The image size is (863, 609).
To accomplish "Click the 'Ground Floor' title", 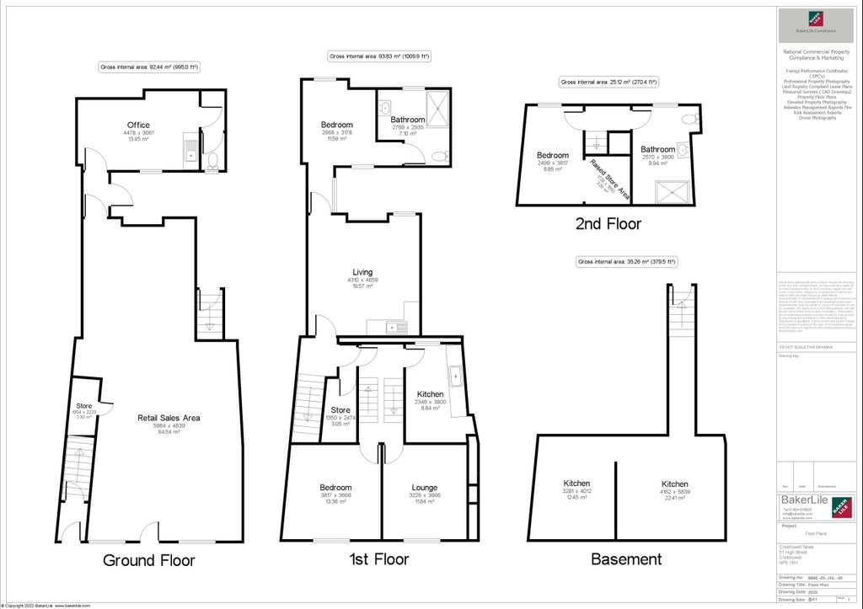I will click(148, 560).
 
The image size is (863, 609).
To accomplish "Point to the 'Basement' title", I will click(625, 559).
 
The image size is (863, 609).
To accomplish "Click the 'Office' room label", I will click(139, 125).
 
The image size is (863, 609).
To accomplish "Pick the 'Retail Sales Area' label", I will click(169, 418).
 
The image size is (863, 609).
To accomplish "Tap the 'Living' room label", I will click(362, 272).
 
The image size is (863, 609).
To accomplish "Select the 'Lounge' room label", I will click(424, 488).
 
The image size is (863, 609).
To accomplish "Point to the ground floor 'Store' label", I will click(84, 406).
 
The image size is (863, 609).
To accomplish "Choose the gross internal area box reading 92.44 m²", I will click(148, 67).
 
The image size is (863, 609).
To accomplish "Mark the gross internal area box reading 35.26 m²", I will click(628, 262).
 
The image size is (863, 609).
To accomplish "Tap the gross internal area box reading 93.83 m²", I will click(378, 56).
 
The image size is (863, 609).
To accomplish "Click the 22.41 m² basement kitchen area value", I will click(673, 498).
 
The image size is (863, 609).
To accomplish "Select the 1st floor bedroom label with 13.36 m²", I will click(335, 488).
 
